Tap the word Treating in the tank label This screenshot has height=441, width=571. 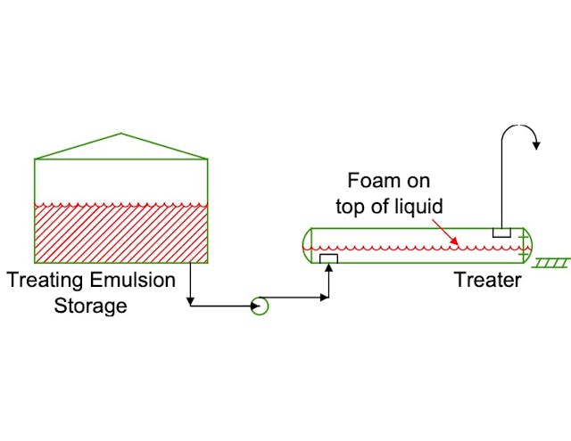point(45,281)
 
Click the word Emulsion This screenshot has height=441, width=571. point(133,281)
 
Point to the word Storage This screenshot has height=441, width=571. point(90,306)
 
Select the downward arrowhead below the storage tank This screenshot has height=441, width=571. point(191,301)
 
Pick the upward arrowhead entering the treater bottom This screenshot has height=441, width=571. point(329,268)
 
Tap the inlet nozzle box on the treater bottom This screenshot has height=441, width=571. point(329,258)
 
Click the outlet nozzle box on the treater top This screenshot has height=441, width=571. point(501,233)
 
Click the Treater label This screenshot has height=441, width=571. point(487,280)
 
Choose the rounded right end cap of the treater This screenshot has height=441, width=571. point(528,246)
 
